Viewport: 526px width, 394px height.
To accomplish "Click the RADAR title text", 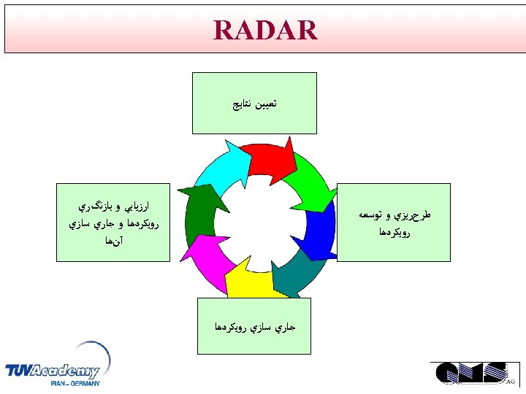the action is click(265, 31).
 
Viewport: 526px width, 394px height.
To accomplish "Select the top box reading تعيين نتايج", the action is click(254, 103).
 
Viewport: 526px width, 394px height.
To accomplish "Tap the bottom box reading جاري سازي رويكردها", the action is click(254, 325).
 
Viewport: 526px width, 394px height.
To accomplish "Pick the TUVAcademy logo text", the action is click(53, 371).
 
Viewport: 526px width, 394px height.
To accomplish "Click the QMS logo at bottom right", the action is click(471, 372).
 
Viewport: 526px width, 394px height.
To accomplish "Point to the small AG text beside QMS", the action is click(511, 382).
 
